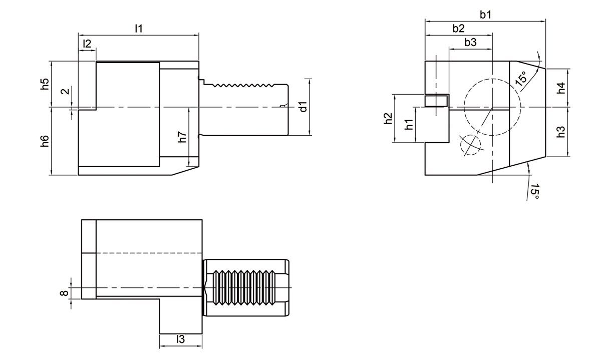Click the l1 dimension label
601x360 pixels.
[139, 29]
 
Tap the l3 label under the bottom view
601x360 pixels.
[180, 339]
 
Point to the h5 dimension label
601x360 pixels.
[45, 84]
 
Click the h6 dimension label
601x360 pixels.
[45, 141]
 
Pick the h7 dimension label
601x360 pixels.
[182, 137]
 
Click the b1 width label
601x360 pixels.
[485, 15]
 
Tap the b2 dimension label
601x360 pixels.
[458, 29]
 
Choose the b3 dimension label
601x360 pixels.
[470, 43]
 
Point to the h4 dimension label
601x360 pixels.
[561, 88]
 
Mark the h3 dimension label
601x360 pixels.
[561, 132]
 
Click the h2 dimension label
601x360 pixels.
[387, 119]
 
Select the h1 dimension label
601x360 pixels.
[409, 125]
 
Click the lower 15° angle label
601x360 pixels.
[534, 192]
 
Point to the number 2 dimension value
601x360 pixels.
[64, 91]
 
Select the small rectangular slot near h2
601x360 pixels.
[436, 101]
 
